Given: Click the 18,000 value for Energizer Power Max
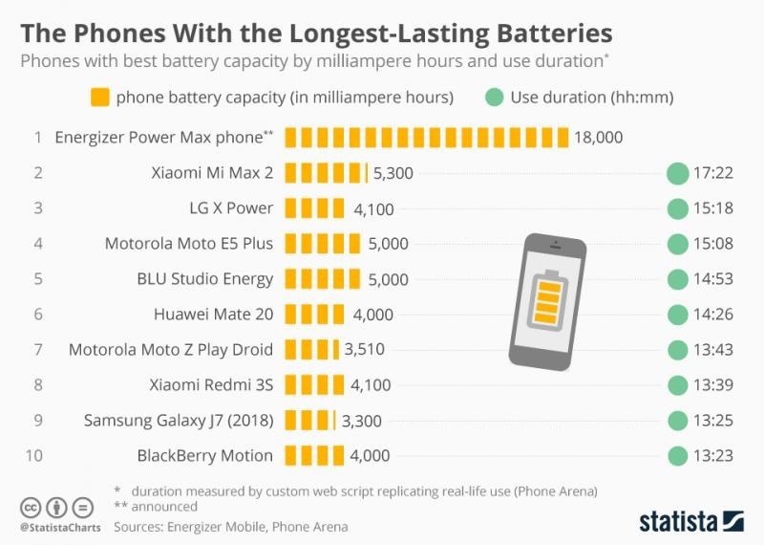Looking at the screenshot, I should [x=598, y=138].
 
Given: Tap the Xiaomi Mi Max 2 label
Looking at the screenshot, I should [x=211, y=173].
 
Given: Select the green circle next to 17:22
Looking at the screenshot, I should [x=677, y=173].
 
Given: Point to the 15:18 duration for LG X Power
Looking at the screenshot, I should [x=713, y=208].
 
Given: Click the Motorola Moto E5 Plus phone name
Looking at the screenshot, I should [x=188, y=244].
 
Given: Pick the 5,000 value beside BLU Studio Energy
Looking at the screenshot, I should [x=388, y=279].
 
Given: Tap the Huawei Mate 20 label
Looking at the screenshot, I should [x=213, y=315].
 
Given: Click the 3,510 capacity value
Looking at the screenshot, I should [x=364, y=350].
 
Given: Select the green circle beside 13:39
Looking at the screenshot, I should [x=677, y=385].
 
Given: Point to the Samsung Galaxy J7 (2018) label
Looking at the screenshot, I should [x=178, y=421].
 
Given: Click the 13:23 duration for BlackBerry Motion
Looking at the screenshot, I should [x=713, y=456].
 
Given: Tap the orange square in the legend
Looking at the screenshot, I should [x=99, y=98].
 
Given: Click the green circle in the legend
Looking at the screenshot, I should [x=494, y=98].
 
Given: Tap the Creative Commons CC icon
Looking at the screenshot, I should [x=32, y=507].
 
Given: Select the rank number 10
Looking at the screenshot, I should [x=33, y=456].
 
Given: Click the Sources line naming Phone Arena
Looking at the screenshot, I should [x=230, y=527].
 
